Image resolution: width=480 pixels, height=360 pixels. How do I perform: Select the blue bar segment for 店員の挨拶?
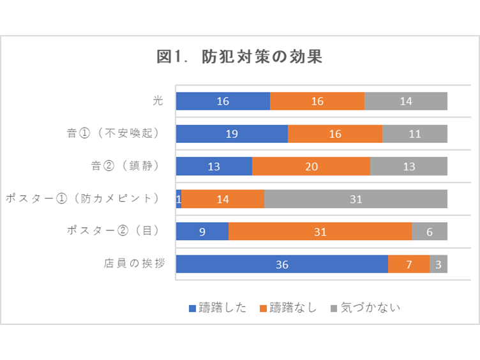(x=281, y=264)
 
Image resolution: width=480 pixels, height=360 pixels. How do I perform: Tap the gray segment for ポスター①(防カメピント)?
(x=356, y=199)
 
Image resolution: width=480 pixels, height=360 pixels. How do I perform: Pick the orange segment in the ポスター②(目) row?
(x=320, y=231)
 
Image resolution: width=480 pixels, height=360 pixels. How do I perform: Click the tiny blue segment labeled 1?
(x=179, y=199)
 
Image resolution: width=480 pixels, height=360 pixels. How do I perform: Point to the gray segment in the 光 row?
(x=405, y=101)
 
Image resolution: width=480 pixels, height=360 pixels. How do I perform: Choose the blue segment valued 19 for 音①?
(x=232, y=133)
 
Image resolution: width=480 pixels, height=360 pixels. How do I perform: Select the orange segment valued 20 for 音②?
(x=311, y=166)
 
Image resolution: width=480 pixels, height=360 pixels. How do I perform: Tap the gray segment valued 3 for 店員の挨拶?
(x=439, y=264)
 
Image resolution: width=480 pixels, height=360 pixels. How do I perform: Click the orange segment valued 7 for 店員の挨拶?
(x=409, y=264)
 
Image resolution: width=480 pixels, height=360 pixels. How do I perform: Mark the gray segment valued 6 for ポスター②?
(x=429, y=231)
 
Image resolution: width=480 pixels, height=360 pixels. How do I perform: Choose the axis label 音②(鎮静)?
(x=125, y=166)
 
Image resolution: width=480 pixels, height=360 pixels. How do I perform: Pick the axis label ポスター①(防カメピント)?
(x=82, y=199)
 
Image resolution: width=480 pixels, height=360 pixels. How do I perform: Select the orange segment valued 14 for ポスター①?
(x=223, y=199)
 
